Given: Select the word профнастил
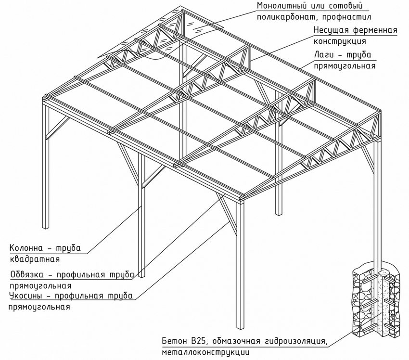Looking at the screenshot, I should click(x=337, y=17).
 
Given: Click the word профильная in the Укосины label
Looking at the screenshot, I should click(x=79, y=296).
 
